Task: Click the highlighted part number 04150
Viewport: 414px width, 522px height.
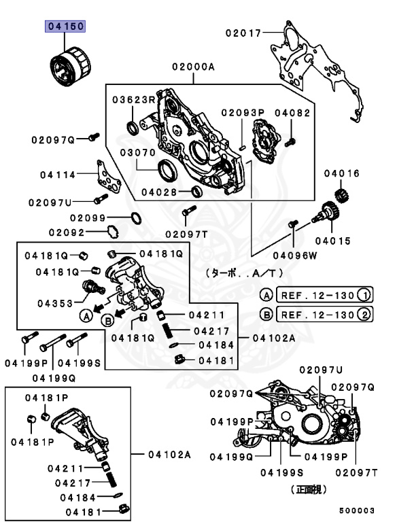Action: [65, 27]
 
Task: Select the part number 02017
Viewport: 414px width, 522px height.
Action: [244, 31]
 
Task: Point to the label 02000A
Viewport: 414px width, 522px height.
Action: [193, 67]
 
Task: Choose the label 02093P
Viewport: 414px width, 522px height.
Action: [242, 112]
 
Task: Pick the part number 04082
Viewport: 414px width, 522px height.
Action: [292, 112]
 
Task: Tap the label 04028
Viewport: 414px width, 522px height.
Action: [159, 191]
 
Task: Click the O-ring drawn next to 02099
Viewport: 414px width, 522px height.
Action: [135, 218]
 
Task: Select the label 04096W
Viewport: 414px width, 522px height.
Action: [295, 256]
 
